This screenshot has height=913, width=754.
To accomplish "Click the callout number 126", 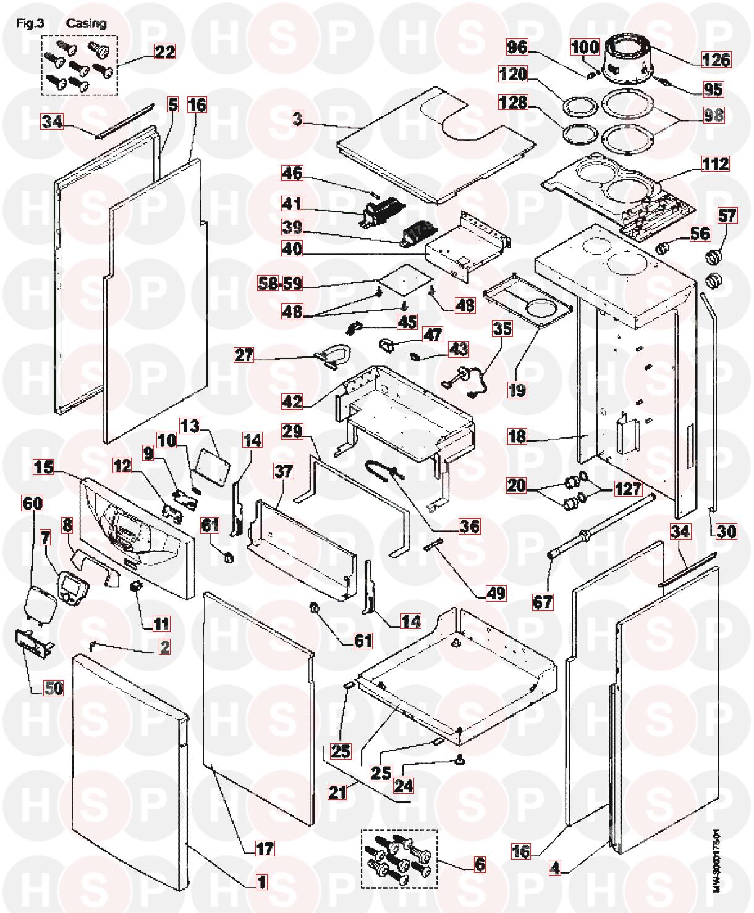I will point(716,59).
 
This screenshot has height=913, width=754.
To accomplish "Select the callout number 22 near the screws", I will point(164,52).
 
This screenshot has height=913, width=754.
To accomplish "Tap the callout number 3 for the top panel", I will point(298,120).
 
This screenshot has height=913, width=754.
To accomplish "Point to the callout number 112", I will point(715,164).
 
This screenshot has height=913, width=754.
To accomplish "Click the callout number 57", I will point(727,215).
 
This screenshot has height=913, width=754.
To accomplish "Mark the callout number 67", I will point(543,601).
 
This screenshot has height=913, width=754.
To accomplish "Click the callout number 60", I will point(33,503).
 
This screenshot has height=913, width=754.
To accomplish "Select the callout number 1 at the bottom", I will point(261,882).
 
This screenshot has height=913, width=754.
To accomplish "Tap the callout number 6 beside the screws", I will point(479,865).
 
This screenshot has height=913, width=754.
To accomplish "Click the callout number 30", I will point(727,531).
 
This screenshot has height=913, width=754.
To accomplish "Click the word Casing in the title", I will point(87,23).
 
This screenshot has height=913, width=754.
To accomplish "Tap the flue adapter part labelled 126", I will point(627,59).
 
